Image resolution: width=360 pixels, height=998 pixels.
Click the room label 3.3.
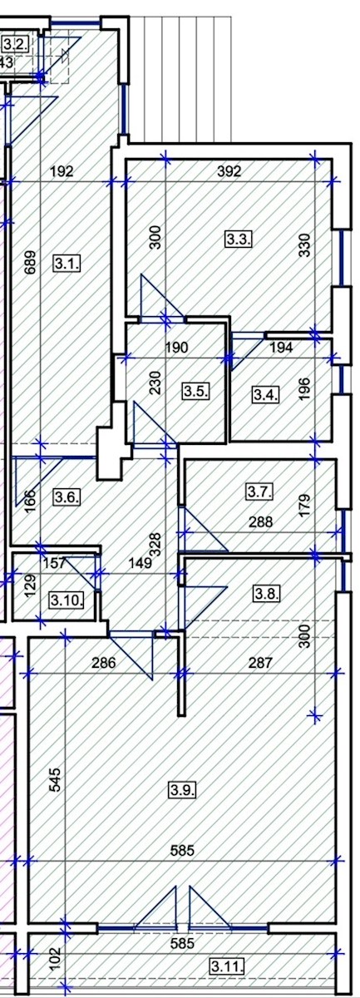pos(239,240)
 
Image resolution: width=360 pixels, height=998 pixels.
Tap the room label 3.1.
pos(67,263)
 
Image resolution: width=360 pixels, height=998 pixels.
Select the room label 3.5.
pos(196,391)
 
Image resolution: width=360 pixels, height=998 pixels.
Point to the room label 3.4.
pos(266,394)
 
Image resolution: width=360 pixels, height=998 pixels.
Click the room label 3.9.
pos(183,790)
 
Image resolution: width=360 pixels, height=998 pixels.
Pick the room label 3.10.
pos(67,600)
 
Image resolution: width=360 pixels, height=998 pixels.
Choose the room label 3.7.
pos(259,492)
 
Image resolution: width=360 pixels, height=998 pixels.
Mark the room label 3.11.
pos(227,966)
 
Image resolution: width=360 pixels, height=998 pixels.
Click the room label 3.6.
pos(67,497)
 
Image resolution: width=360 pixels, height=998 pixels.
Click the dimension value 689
pos(31,263)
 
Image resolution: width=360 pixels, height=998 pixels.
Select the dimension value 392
pos(229,171)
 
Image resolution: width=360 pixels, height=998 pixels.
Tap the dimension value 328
pos(155,544)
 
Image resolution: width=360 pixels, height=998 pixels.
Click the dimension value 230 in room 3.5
pos(155,383)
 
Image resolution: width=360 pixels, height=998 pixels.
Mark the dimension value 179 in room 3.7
pos(305,506)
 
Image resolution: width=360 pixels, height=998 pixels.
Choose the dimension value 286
pos(103,663)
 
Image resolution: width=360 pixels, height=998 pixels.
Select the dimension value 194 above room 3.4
pos(281,347)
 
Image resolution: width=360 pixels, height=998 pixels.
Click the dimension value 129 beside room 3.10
pos(28,585)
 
